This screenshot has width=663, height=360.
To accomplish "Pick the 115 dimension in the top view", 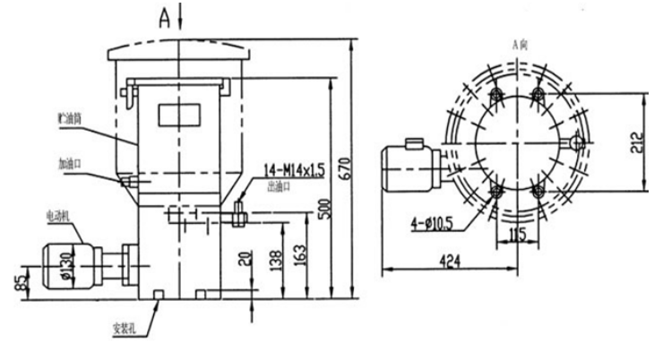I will pos(517,234).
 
